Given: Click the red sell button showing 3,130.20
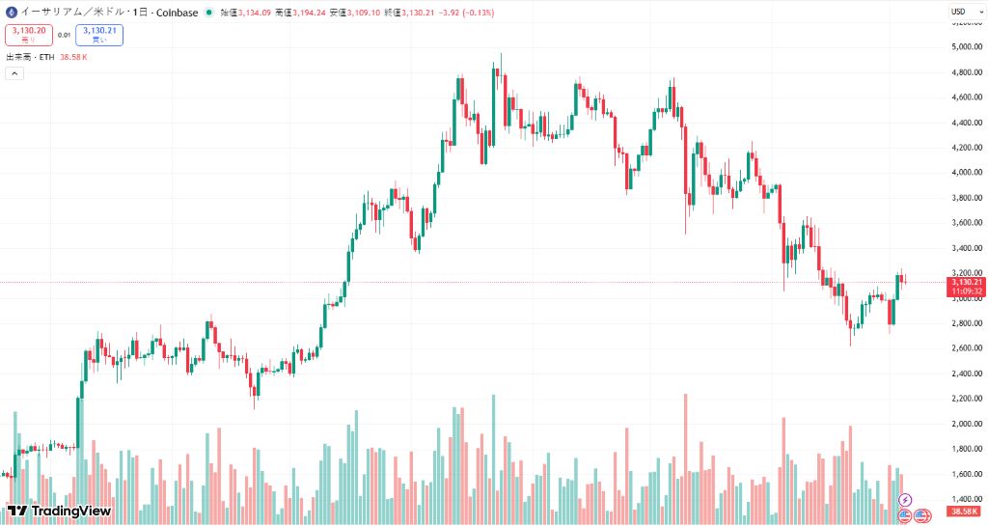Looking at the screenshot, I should point(29,35).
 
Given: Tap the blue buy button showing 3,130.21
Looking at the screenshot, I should point(98,35).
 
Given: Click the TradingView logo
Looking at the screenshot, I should point(59,511).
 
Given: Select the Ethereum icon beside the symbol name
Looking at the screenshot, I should point(12,12).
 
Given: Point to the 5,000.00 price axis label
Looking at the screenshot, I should point(966,46).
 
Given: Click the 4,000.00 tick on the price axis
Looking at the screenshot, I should point(966,173).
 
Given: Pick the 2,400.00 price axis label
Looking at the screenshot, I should point(966,374).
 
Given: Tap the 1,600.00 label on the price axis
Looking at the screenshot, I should point(966,474).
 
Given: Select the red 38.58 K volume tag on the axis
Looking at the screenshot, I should point(966,511).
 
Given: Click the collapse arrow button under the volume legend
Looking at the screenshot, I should point(14,74).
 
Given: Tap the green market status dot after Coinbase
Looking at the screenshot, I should point(209,12).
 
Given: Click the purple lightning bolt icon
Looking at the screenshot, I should point(905,499).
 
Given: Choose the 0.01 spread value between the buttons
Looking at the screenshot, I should point(64,35).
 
